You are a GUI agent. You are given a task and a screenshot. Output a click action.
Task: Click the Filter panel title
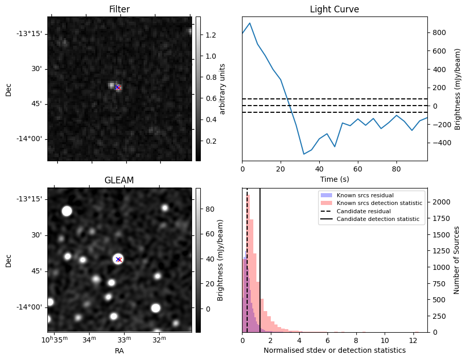(x=119, y=9)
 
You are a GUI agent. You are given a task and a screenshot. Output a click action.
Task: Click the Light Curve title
(x=334, y=9)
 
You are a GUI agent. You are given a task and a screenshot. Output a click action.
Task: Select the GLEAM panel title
(x=119, y=180)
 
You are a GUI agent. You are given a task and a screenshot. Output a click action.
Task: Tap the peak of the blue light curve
(x=250, y=23)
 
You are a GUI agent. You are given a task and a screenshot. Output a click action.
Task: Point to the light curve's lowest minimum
(x=304, y=154)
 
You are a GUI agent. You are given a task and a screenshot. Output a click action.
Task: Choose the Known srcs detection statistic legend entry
(x=379, y=203)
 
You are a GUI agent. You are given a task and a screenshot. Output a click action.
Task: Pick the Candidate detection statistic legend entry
(x=377, y=219)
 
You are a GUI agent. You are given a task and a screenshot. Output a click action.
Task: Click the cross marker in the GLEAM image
(x=118, y=259)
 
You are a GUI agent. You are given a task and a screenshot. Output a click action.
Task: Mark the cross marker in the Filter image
(x=117, y=88)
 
